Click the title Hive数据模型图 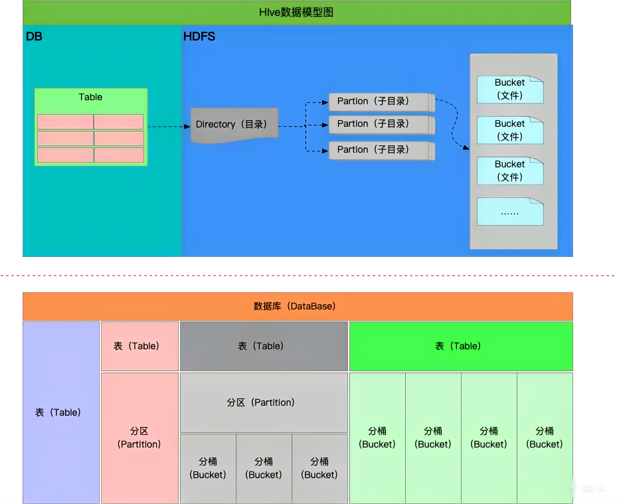(x=296, y=13)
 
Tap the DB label (x=34, y=37)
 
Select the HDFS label (x=199, y=37)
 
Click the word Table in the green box (x=90, y=97)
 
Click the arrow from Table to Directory (x=169, y=126)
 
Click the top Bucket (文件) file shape (x=509, y=89)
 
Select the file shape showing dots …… (x=509, y=212)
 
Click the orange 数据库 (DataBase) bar (x=297, y=306)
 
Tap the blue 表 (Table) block (x=60, y=412)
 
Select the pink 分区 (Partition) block (x=139, y=437)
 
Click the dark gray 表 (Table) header (x=264, y=346)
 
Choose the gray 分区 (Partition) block (x=264, y=402)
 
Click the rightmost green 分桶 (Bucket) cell (x=545, y=437)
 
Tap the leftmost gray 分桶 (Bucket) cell (x=208, y=467)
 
